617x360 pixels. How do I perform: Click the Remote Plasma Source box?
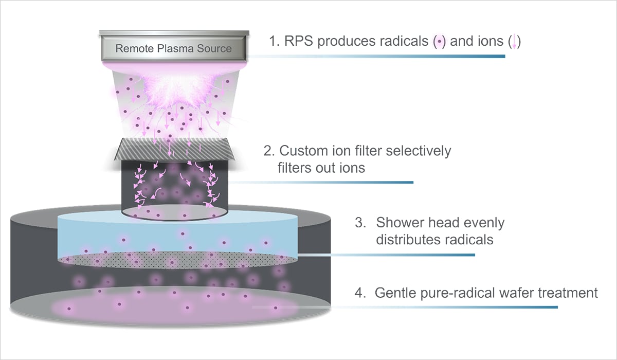pyautogui.click(x=173, y=49)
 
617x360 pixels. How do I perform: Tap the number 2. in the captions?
pyautogui.click(x=268, y=151)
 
